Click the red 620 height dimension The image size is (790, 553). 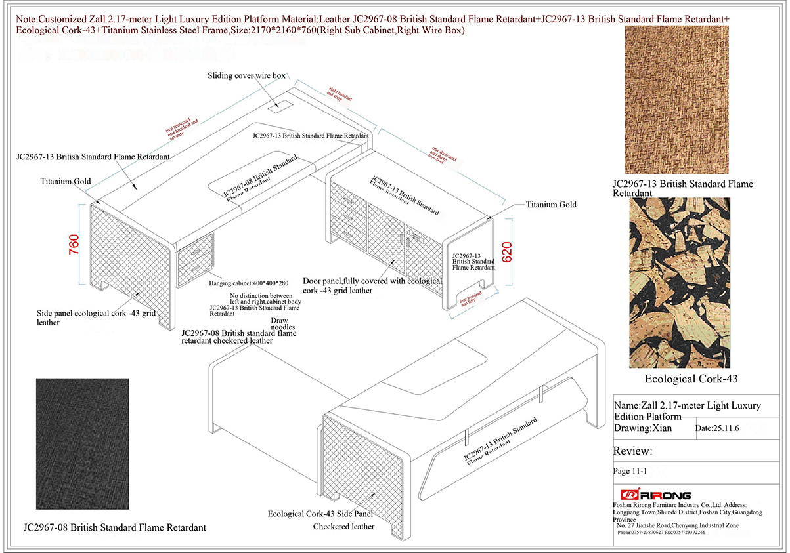(506, 253)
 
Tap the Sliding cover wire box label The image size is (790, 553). (246, 76)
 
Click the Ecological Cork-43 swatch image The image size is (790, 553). (679, 283)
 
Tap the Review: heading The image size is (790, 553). (632, 451)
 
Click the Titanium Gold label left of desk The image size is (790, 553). (66, 181)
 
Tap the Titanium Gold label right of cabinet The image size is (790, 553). (551, 205)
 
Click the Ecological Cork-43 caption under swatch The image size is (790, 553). (678, 379)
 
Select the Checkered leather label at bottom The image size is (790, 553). (343, 527)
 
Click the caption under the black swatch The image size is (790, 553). (114, 527)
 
